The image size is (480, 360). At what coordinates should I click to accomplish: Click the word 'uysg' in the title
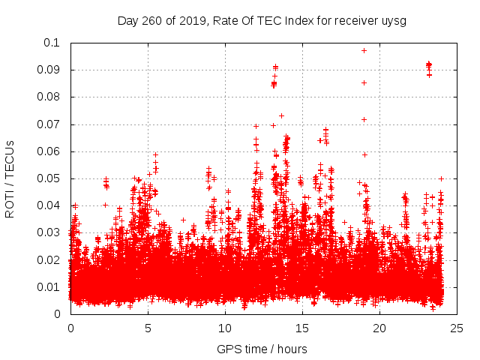(x=394, y=20)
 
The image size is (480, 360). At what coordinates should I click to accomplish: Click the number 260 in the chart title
(x=156, y=20)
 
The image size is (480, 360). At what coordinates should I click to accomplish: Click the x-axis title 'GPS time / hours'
(x=262, y=349)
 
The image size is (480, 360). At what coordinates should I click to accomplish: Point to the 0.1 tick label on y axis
(x=51, y=43)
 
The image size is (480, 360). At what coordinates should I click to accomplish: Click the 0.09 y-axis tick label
(x=48, y=70)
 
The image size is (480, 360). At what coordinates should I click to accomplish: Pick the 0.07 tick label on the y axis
(x=48, y=124)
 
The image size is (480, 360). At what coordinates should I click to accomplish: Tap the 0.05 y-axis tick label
(x=48, y=178)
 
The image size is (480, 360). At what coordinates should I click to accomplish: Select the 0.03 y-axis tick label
(x=48, y=232)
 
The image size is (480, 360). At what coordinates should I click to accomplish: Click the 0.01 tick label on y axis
(x=48, y=287)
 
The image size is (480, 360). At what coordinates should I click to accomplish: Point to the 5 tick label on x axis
(x=148, y=328)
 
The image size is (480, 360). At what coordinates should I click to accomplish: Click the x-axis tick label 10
(x=225, y=328)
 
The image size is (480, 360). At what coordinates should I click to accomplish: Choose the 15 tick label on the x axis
(x=302, y=328)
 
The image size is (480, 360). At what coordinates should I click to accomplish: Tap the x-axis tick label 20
(x=379, y=328)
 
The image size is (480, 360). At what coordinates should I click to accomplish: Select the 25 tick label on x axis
(x=457, y=328)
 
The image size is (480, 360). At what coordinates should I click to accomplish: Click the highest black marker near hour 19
(x=364, y=50)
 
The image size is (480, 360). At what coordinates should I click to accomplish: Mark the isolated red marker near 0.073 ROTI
(x=281, y=115)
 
